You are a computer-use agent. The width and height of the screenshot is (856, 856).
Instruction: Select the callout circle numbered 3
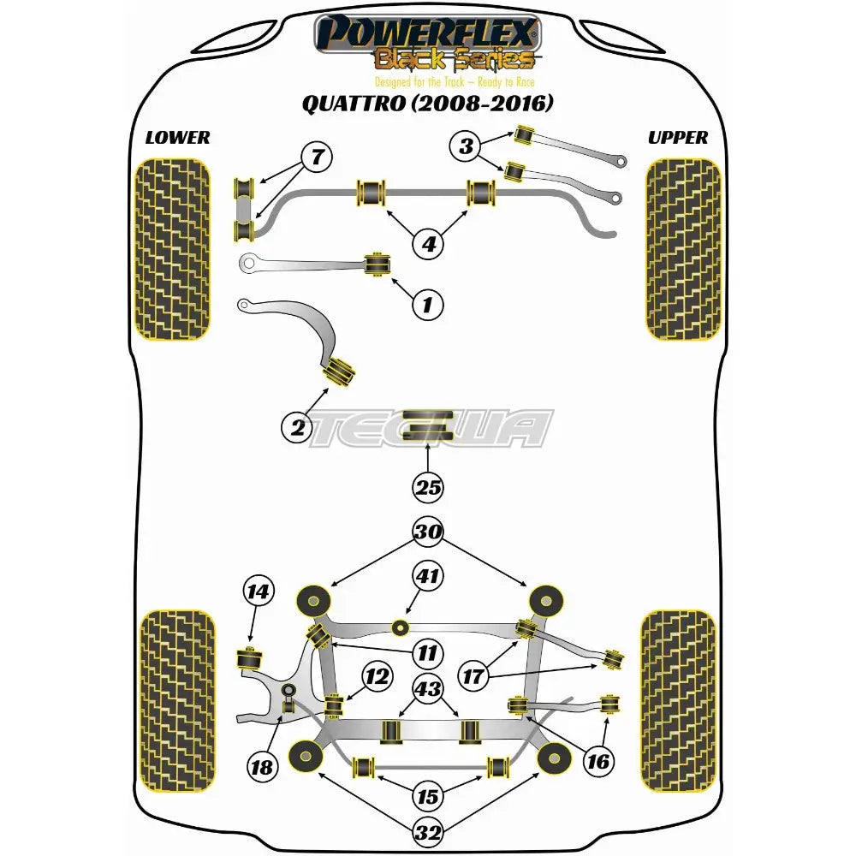[x=466, y=146]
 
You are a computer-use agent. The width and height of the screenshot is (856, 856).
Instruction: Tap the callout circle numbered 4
[x=428, y=244]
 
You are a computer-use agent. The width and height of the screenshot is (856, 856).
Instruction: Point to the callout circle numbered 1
[x=428, y=303]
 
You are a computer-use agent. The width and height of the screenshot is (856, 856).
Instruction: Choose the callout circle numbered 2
[x=298, y=427]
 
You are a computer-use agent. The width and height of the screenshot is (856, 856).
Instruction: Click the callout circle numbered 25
[x=428, y=488]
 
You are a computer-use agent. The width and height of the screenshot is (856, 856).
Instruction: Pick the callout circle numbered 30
[x=428, y=532]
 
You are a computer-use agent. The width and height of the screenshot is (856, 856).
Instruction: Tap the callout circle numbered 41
[x=428, y=576]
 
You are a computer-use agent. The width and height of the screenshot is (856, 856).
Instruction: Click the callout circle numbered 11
[x=428, y=653]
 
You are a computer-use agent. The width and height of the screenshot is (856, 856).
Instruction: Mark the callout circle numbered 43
[x=428, y=687]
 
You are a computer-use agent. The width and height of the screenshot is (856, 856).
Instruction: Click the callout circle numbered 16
[x=599, y=760]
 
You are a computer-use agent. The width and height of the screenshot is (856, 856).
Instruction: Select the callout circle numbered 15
[x=428, y=797]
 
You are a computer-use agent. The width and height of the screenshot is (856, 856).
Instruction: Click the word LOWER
[x=177, y=138]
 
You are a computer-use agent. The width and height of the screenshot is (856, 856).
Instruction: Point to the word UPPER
[x=678, y=138]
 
